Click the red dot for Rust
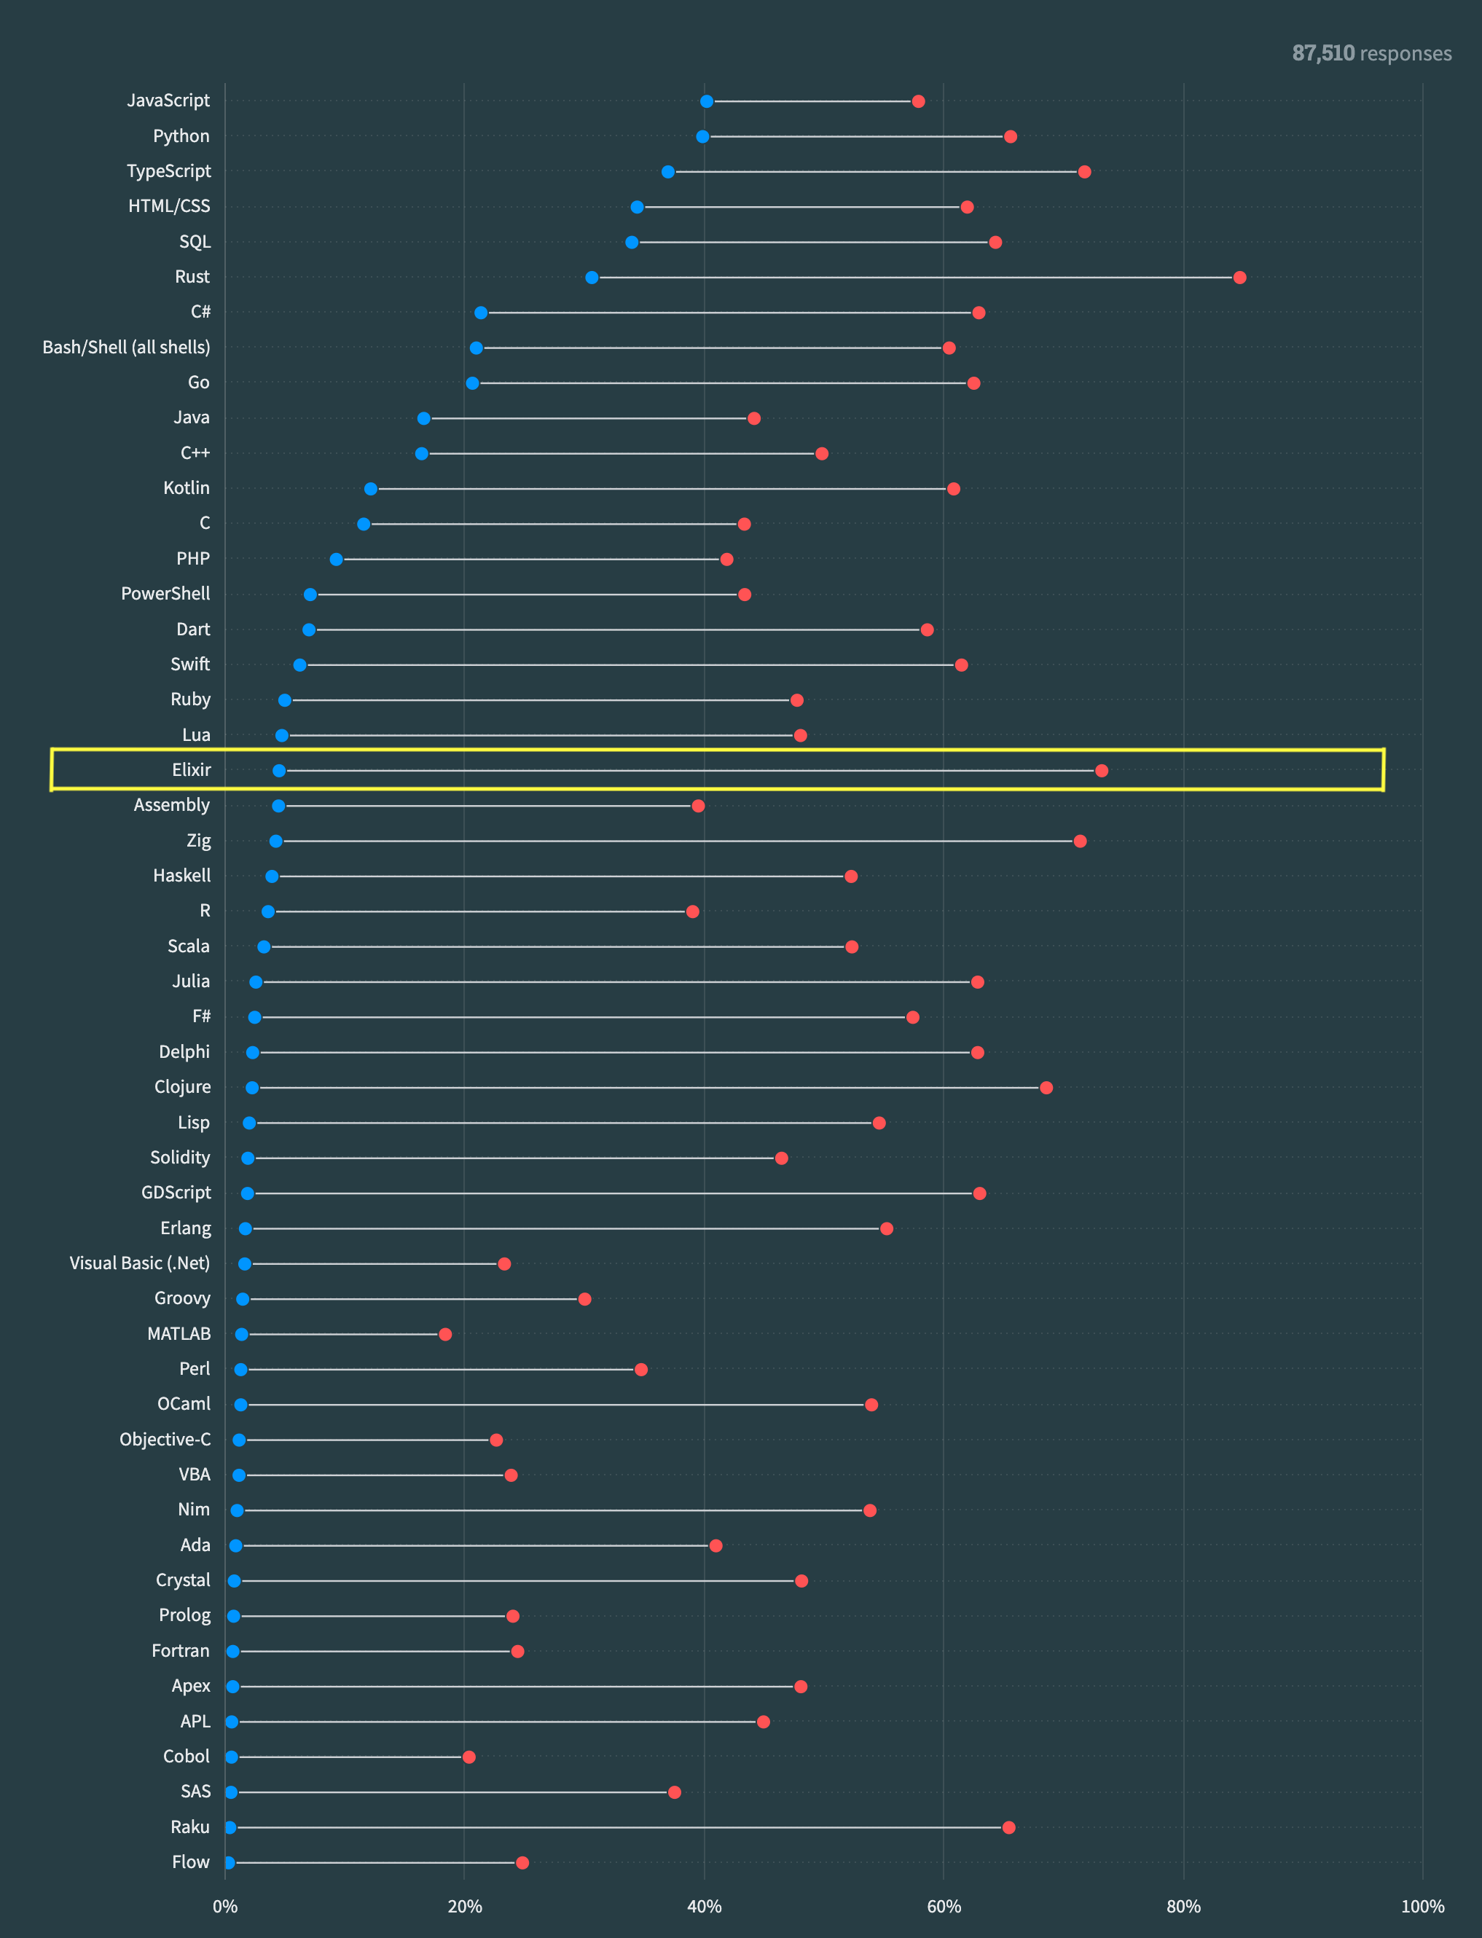(1239, 278)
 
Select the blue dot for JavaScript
(707, 101)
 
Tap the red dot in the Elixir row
(1101, 771)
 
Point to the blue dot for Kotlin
(370, 489)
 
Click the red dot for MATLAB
(445, 1334)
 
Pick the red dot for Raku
(1008, 1827)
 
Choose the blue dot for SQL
(632, 243)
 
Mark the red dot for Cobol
(469, 1757)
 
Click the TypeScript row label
(168, 171)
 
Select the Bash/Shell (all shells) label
(126, 348)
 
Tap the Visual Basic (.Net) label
(139, 1263)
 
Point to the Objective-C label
(165, 1440)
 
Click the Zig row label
(198, 841)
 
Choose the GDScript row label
(176, 1193)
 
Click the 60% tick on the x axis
(944, 1906)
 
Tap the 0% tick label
(225, 1906)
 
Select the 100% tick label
(1422, 1906)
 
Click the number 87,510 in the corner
(1322, 54)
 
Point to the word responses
(1405, 54)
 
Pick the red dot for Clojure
(1046, 1088)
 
